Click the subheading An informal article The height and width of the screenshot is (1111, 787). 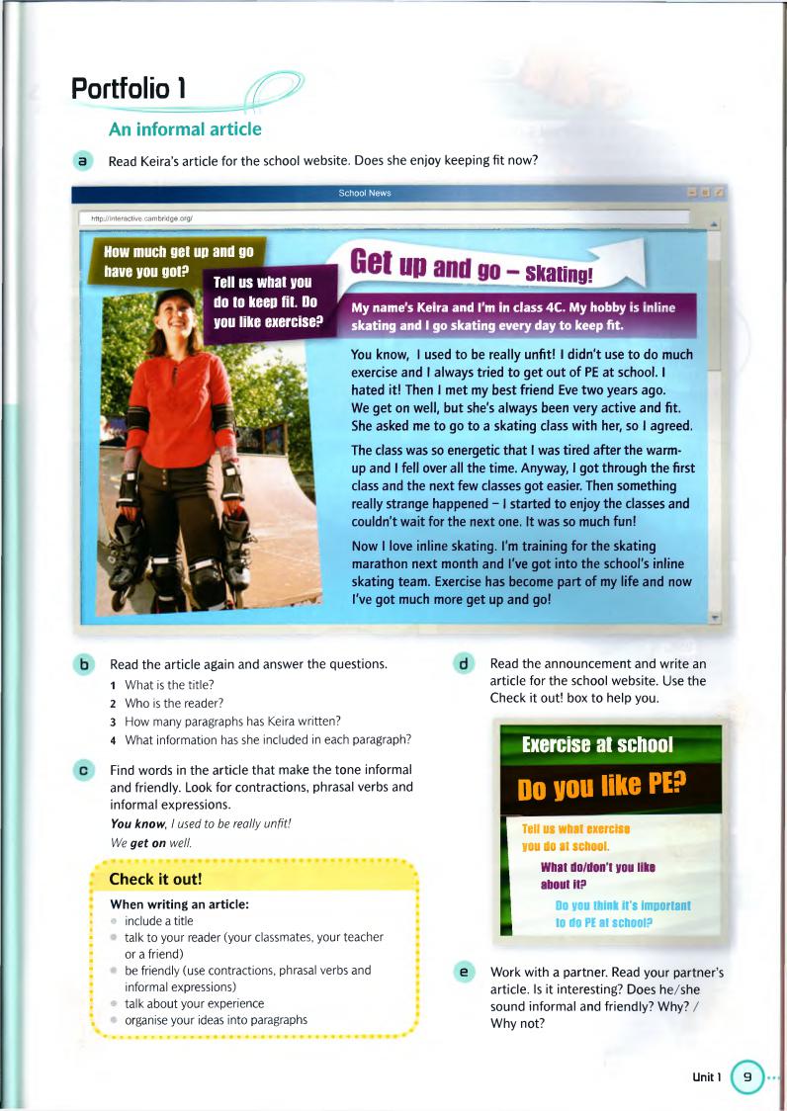[x=185, y=129]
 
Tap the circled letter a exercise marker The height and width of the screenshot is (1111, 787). [x=84, y=160]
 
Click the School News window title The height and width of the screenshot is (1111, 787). [x=364, y=194]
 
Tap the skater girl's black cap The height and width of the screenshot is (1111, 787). [x=174, y=299]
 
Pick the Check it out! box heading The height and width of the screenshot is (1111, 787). [x=155, y=879]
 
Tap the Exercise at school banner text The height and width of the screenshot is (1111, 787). [x=597, y=744]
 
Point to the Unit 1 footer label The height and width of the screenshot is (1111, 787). [x=707, y=1076]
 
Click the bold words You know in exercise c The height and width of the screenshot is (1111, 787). [x=133, y=823]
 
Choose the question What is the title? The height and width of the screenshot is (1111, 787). [x=169, y=684]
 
